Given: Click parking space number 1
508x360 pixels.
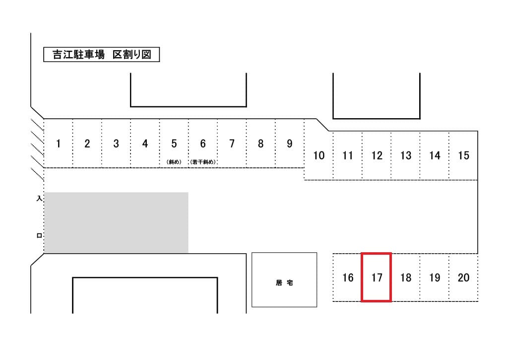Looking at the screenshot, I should [x=59, y=144].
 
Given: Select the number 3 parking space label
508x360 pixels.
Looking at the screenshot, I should [x=116, y=144].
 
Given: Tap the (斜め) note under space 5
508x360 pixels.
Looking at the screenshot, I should [x=174, y=161].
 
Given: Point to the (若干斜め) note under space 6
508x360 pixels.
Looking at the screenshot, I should [x=202, y=161].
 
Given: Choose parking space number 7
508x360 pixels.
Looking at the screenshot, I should [x=232, y=144].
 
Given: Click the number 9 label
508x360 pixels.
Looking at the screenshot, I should [x=290, y=144].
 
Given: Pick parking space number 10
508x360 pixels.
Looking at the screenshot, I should [x=318, y=155].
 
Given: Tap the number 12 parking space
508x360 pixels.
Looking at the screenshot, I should [x=377, y=155].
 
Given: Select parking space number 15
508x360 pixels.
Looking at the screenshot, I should [x=463, y=155].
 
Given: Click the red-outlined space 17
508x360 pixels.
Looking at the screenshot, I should [x=377, y=277].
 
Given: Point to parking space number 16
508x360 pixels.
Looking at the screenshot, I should [x=348, y=277].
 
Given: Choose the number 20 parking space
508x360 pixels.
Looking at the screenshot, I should [x=463, y=277].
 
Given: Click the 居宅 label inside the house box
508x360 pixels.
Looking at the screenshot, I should [x=284, y=283].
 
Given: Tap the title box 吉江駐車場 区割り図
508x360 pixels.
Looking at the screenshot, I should [x=102, y=55].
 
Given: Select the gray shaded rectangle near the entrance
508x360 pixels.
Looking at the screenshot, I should [x=117, y=222].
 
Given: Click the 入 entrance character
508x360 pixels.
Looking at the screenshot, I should [x=39, y=198].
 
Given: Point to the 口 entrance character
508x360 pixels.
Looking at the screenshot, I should [x=39, y=236].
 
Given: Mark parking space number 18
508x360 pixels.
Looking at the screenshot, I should [x=406, y=277].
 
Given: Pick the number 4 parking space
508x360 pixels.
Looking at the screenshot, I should [x=145, y=144].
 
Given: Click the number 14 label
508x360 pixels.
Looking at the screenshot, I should [x=435, y=155].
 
